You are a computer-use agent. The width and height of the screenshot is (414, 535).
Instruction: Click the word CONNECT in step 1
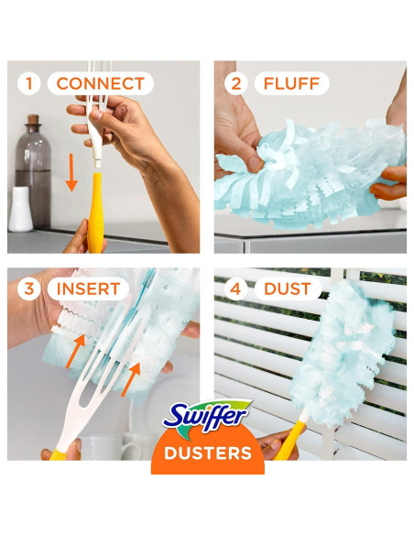(x=101, y=84)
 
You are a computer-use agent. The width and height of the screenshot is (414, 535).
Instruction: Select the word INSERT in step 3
(x=88, y=289)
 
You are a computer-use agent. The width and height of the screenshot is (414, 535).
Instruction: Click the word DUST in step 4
(x=288, y=289)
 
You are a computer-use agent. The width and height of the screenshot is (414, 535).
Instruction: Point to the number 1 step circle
(x=29, y=84)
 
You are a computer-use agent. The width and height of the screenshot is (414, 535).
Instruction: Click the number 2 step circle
(x=235, y=84)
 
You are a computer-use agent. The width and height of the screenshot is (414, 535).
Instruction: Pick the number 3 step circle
(x=29, y=289)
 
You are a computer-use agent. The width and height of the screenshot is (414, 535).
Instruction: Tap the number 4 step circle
(x=235, y=289)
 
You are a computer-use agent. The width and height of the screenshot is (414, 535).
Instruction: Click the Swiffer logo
(x=207, y=417)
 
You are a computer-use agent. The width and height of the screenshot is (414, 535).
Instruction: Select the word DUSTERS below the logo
(x=207, y=453)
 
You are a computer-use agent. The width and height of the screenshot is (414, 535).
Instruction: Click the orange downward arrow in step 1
(x=71, y=171)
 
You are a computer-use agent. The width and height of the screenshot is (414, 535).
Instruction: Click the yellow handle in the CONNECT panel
(x=95, y=216)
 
